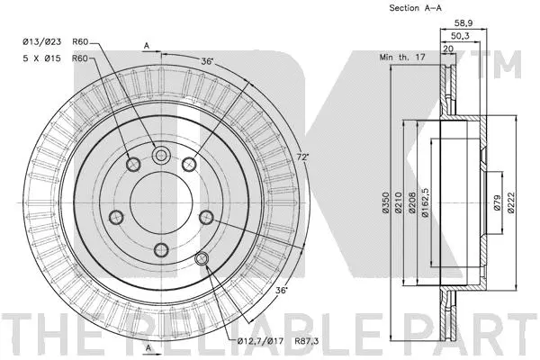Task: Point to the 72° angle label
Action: click(302, 157)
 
